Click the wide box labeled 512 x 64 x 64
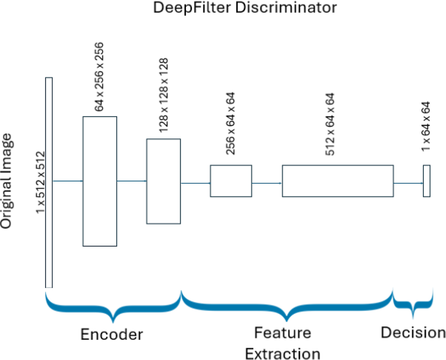coord(338,181)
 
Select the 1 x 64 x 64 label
coord(426,127)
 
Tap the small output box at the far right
coord(427,181)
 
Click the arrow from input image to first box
coord(67,181)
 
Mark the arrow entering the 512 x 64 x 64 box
coord(267,183)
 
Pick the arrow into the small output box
coord(408,183)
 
